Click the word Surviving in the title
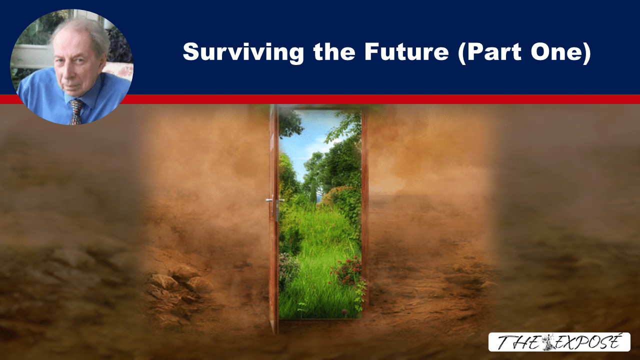tap(243, 53)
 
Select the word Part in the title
tap(489, 53)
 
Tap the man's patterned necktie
tap(75, 111)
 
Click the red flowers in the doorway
tap(347, 270)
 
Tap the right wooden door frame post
tap(365, 211)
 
